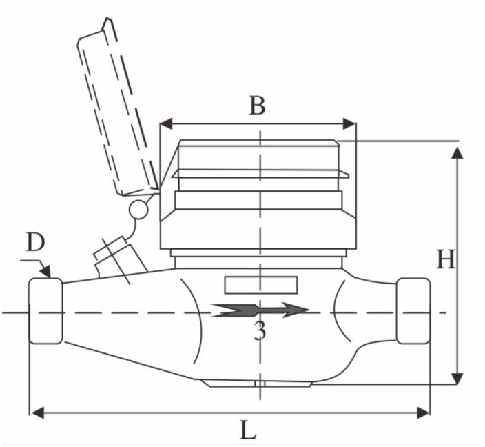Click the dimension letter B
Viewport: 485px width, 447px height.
pyautogui.click(x=258, y=106)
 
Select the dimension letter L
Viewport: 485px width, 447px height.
pyautogui.click(x=249, y=430)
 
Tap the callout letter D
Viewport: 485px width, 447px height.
pyautogui.click(x=36, y=242)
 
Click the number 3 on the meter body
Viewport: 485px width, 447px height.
pyautogui.click(x=260, y=331)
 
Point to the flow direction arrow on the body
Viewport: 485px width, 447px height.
pyautogui.click(x=259, y=310)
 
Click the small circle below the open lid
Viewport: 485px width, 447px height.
pyautogui.click(x=138, y=210)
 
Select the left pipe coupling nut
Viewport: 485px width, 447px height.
pyautogui.click(x=45, y=310)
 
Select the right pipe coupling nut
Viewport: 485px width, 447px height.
pyautogui.click(x=413, y=310)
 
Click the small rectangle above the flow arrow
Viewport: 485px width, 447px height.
pyautogui.click(x=260, y=285)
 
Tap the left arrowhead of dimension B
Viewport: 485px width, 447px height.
pyautogui.click(x=166, y=123)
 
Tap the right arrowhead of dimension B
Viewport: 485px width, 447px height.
pyautogui.click(x=349, y=123)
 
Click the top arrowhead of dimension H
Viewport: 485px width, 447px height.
pyautogui.click(x=457, y=153)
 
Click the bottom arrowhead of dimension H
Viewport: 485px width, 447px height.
pyautogui.click(x=457, y=379)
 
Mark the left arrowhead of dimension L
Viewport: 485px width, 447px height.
pyautogui.click(x=38, y=413)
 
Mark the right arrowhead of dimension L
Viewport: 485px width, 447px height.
pyautogui.click(x=423, y=413)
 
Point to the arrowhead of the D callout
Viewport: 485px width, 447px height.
pyautogui.click(x=45, y=271)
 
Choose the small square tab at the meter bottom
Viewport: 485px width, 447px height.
pyautogui.click(x=260, y=384)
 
